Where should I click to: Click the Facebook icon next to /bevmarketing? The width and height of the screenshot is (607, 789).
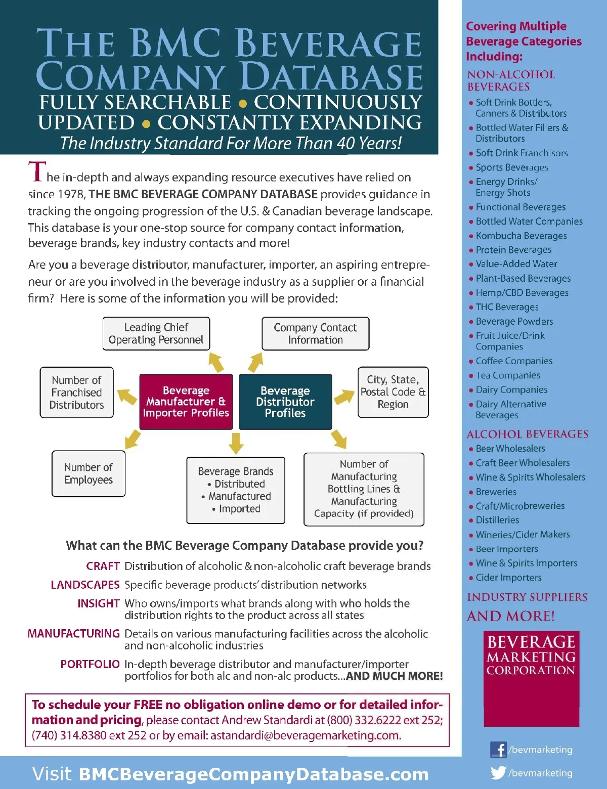pyautogui.click(x=498, y=750)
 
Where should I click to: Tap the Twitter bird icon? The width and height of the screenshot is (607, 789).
pyautogui.click(x=498, y=772)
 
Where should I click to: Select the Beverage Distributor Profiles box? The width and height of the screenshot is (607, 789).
pyautogui.click(x=285, y=402)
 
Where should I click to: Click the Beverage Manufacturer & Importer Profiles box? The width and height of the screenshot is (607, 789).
pyautogui.click(x=186, y=402)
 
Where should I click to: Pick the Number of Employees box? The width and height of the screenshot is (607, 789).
pyautogui.click(x=89, y=474)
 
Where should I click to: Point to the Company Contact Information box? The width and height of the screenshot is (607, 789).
pyautogui.click(x=315, y=334)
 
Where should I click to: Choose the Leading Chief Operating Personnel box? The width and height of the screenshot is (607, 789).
pyautogui.click(x=156, y=334)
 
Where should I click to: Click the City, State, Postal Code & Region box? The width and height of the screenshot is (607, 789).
pyautogui.click(x=393, y=392)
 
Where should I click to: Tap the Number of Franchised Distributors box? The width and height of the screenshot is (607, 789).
pyautogui.click(x=77, y=392)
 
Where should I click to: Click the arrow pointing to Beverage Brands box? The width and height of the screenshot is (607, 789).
pyautogui.click(x=236, y=443)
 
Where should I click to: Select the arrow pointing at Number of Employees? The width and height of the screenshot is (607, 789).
pyautogui.click(x=133, y=439)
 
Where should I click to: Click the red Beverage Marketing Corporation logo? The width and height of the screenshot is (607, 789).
pyautogui.click(x=531, y=678)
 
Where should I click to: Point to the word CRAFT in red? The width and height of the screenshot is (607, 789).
pyautogui.click(x=103, y=566)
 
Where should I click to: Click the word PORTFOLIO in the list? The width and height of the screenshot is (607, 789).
pyautogui.click(x=90, y=664)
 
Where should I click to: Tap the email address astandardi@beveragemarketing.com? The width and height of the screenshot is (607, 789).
pyautogui.click(x=306, y=735)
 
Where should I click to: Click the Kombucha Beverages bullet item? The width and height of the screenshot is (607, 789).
pyautogui.click(x=521, y=236)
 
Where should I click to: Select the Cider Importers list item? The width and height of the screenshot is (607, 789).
pyautogui.click(x=508, y=578)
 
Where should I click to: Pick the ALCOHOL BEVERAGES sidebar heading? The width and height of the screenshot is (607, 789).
pyautogui.click(x=527, y=434)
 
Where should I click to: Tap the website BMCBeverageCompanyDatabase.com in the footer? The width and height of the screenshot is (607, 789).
pyautogui.click(x=253, y=774)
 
